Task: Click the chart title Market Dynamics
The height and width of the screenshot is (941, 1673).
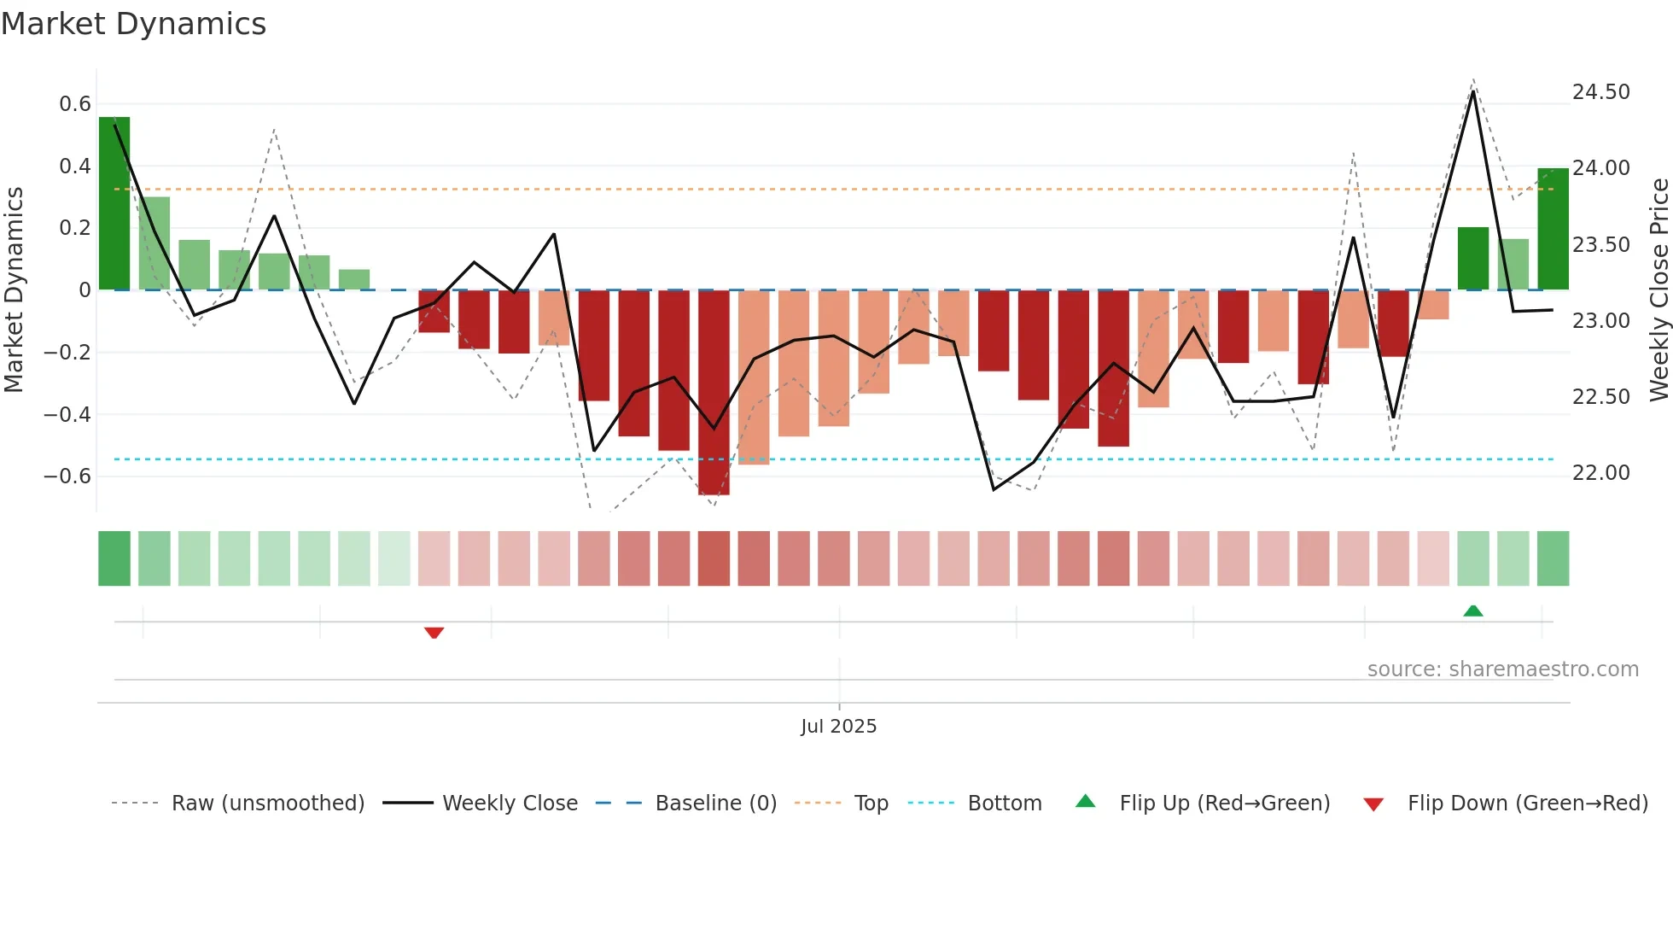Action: click(133, 24)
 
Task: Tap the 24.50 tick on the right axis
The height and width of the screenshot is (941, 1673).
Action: click(1600, 92)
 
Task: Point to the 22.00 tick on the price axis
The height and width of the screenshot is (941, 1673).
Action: click(1600, 473)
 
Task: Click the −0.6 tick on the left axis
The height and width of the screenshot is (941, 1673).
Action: click(67, 476)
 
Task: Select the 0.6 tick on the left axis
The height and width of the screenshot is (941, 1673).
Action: click(75, 104)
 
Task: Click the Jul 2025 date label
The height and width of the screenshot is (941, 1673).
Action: click(838, 727)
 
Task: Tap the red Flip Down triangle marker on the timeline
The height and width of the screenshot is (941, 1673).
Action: click(434, 633)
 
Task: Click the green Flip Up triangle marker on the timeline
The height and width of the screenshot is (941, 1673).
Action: click(1472, 611)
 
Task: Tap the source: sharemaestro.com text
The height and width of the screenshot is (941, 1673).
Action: click(1502, 669)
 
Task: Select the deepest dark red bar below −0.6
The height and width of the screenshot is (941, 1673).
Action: click(714, 393)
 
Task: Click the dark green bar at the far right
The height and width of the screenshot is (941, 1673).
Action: click(1553, 229)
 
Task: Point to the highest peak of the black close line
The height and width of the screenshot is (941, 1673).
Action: click(1473, 91)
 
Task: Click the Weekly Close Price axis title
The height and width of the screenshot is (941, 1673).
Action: click(1658, 290)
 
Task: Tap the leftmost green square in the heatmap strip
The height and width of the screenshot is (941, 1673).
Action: click(114, 558)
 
